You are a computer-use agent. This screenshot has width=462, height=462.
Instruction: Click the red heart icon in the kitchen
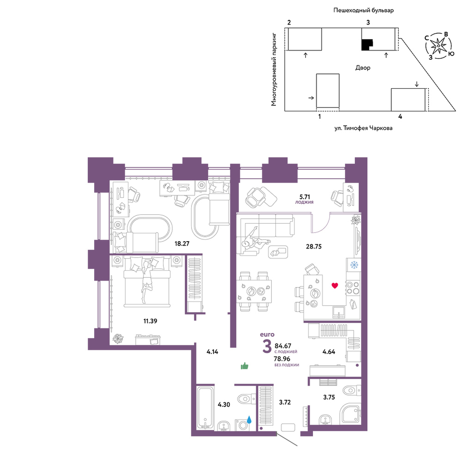[x=334, y=285]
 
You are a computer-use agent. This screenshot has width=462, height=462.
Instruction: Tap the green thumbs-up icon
[x=244, y=366]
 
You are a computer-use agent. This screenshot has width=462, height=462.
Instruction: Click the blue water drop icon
[x=249, y=419]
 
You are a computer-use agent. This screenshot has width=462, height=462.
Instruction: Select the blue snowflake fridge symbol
[x=354, y=265]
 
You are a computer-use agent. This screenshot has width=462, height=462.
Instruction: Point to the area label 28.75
[x=314, y=246]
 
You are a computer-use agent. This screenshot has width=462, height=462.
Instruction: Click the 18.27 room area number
[x=182, y=243]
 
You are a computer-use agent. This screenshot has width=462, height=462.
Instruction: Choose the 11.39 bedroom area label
[x=150, y=321]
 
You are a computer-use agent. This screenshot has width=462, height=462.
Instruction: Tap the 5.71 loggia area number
[x=304, y=196]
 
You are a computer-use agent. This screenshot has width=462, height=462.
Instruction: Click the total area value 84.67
[x=283, y=346]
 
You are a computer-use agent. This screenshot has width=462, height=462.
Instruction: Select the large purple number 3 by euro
[x=267, y=346]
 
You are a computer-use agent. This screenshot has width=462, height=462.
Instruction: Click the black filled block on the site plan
[x=367, y=45]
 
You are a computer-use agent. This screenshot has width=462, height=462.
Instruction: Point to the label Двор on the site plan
[x=363, y=68]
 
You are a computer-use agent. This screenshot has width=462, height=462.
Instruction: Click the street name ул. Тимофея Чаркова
[x=363, y=128]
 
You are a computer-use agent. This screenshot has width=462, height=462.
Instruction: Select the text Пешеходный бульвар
[x=364, y=10]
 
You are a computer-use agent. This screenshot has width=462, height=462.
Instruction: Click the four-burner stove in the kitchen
[x=353, y=288]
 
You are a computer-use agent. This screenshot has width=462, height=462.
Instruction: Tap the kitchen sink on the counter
[x=339, y=312]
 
